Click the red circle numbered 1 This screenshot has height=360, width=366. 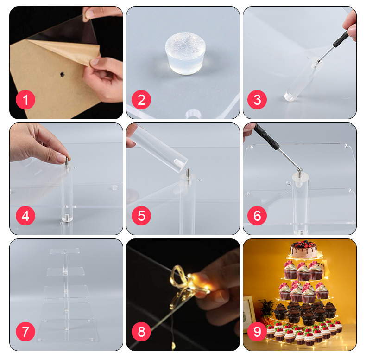click(25, 100)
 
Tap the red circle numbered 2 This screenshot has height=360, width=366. click(141, 100)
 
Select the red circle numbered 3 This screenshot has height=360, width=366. click(257, 100)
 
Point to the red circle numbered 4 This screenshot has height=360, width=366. click(25, 216)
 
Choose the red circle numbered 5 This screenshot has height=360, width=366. click(141, 216)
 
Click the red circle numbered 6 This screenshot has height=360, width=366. click(257, 216)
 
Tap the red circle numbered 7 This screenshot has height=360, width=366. click(25, 332)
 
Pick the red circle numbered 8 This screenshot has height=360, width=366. click(141, 332)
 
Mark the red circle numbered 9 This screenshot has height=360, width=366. click(257, 332)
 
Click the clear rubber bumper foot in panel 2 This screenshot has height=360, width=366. click(185, 53)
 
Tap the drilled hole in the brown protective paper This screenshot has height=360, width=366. click(62, 74)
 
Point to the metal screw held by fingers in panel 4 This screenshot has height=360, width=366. click(67, 161)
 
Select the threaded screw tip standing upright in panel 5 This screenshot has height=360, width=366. click(188, 173)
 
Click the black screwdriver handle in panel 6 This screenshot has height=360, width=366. click(266, 137)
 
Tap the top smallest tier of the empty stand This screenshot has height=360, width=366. click(65, 251)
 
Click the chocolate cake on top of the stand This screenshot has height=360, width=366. click(303, 250)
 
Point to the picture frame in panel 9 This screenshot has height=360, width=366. click(249, 314)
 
